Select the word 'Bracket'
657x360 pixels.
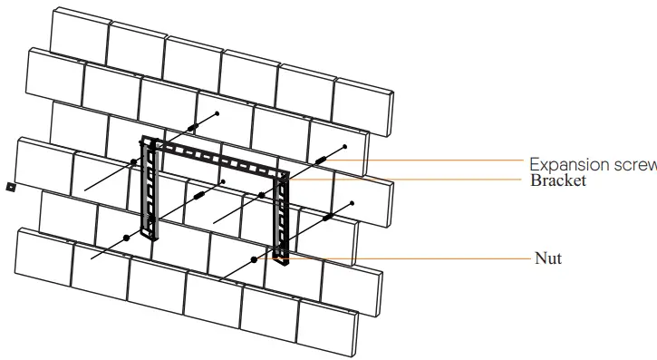click(558, 180)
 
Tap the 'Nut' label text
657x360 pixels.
click(548, 258)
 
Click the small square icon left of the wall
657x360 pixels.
click(10, 187)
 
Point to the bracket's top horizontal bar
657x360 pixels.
click(217, 158)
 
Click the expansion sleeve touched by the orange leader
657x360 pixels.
click(321, 160)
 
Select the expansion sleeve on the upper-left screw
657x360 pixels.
click(192, 128)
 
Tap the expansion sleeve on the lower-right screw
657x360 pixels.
click(326, 218)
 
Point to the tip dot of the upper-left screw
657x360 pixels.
click(217, 113)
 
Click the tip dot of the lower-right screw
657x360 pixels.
click(352, 203)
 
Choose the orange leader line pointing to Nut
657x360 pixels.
click(399, 258)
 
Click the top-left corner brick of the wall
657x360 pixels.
click(78, 33)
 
